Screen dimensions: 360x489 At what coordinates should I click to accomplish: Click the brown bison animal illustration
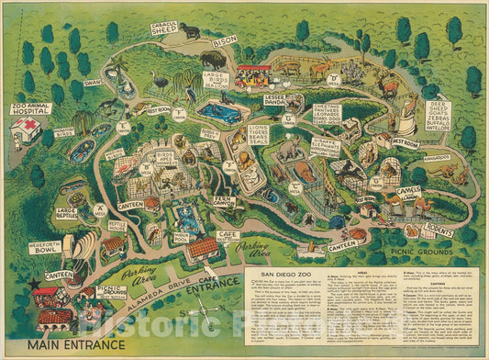click(x=213, y=63)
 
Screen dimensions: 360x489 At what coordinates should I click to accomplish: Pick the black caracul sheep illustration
click(x=191, y=31)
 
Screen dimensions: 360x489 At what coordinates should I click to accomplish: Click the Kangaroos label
click(x=434, y=158)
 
